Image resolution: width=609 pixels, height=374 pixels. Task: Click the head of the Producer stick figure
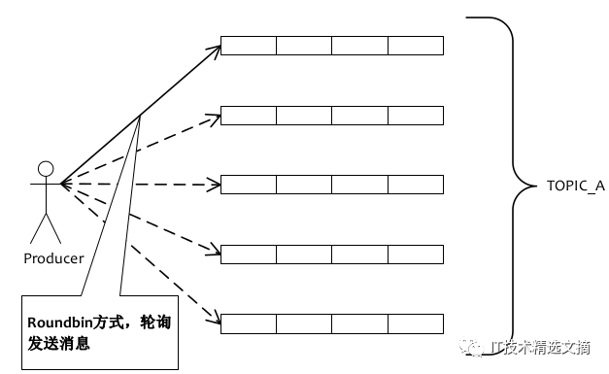point(46,169)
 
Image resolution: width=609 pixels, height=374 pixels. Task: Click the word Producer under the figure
point(53,258)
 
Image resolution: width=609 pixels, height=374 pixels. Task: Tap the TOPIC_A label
point(576,187)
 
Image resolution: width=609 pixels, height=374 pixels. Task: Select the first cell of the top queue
point(249,46)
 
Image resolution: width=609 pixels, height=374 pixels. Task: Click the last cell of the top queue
point(416,46)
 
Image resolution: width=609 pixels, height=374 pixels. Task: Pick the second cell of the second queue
point(304,116)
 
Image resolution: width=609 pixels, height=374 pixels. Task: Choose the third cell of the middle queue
point(360,185)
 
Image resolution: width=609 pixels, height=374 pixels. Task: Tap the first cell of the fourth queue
point(249,255)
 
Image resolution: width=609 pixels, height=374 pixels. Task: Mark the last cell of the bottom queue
point(416,323)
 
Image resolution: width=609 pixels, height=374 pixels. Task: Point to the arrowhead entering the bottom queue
point(215,318)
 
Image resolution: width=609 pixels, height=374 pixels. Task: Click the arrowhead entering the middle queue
point(214,185)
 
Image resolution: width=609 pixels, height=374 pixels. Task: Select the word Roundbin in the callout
point(60,323)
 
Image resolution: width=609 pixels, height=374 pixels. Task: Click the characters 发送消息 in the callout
point(58,343)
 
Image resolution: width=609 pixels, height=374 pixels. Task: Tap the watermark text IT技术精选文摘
point(541,348)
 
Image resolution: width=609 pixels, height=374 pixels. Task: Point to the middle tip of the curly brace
point(535,187)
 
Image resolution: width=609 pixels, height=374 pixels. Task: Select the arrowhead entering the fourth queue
point(214,250)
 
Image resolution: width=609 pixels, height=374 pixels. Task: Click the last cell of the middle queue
point(416,185)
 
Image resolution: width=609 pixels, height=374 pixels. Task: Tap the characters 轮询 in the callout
point(155,323)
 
